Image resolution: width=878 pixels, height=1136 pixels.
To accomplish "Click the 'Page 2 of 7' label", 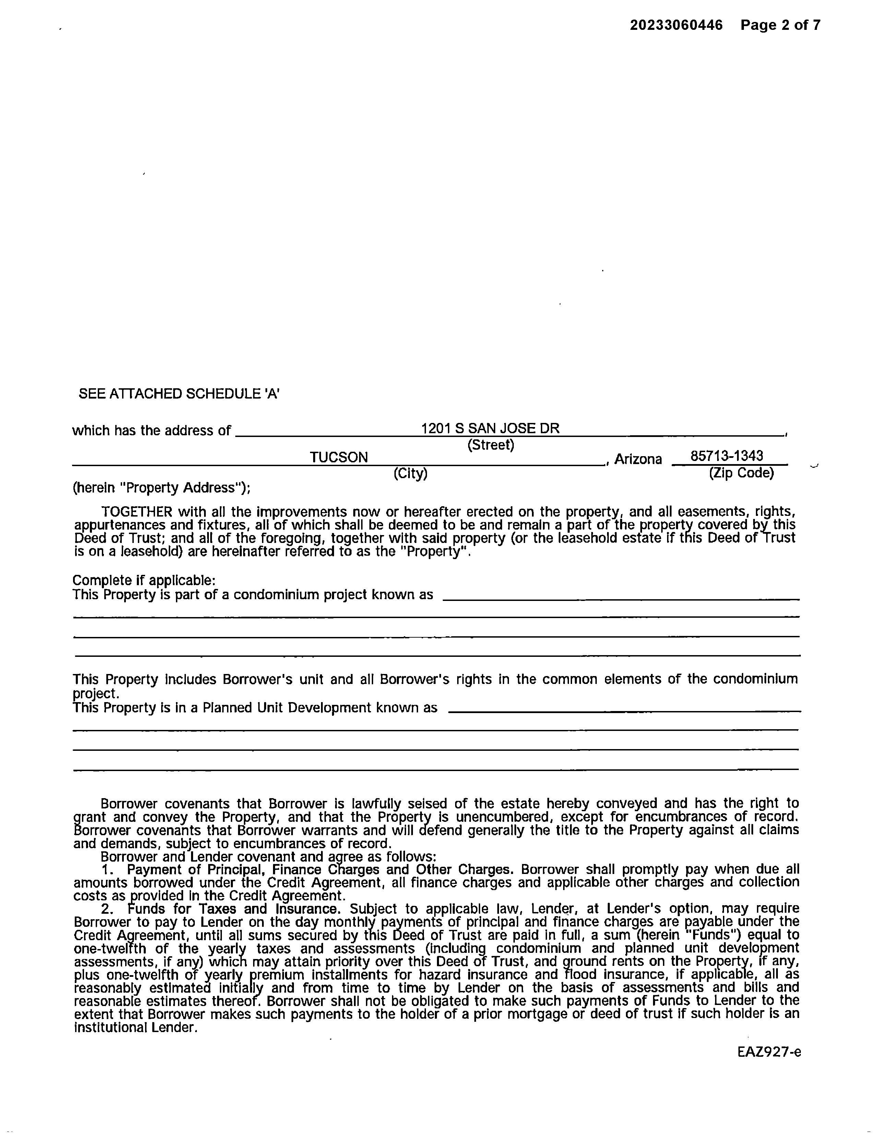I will coord(780,25).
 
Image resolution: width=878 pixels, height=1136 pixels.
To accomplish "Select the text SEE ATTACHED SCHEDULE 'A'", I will coord(179,394).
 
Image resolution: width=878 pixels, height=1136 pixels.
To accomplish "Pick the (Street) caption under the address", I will coord(490,445).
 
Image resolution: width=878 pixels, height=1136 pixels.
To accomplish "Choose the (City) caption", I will coord(411,473).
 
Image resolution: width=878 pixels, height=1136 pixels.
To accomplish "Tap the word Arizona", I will coord(638,459).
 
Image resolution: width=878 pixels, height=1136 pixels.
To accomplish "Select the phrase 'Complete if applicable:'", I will coord(144,580).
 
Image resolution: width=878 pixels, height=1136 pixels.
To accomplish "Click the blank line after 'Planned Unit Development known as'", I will coord(624,711).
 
